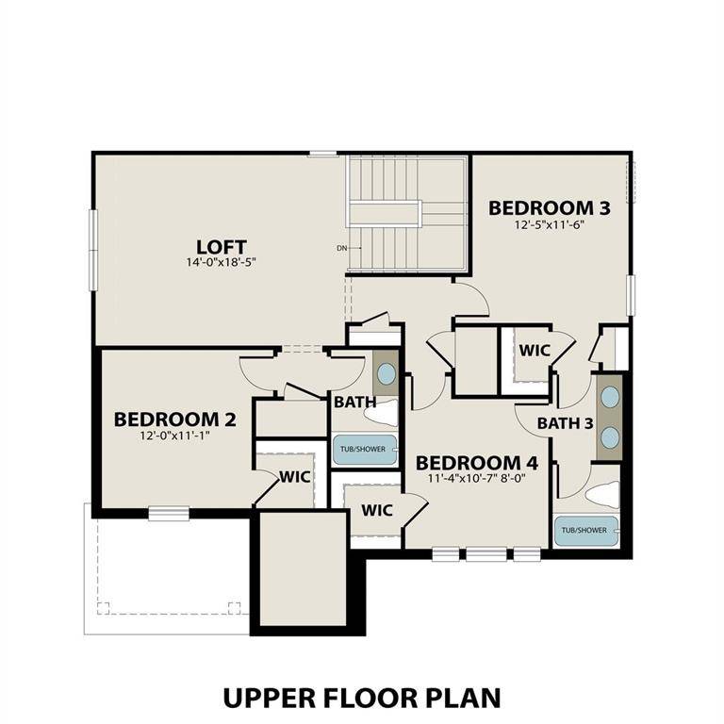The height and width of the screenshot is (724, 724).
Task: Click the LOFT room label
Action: pyautogui.click(x=222, y=247)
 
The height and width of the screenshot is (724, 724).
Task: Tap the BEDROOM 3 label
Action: pyautogui.click(x=542, y=207)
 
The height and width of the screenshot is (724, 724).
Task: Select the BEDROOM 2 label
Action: pyautogui.click(x=174, y=420)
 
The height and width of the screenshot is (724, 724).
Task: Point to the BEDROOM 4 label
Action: pyautogui.click(x=477, y=463)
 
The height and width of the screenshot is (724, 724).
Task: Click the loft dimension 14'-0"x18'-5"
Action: pyautogui.click(x=222, y=263)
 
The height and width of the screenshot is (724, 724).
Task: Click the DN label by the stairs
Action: pyautogui.click(x=341, y=249)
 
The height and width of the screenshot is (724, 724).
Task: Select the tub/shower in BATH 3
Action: pyautogui.click(x=585, y=531)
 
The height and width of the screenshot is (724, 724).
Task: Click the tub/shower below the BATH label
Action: pyautogui.click(x=363, y=450)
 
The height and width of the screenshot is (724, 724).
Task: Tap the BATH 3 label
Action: pyautogui.click(x=566, y=423)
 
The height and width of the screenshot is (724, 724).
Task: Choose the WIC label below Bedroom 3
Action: pyautogui.click(x=535, y=350)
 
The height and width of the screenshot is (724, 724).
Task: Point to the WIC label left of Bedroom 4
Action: pyautogui.click(x=377, y=510)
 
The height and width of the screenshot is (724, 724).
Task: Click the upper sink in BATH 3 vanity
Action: pyautogui.click(x=610, y=397)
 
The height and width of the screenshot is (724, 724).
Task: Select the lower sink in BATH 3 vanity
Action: pyautogui.click(x=610, y=436)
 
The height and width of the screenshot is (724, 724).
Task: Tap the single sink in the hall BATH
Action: pyautogui.click(x=387, y=373)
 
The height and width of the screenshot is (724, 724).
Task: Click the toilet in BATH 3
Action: pyautogui.click(x=601, y=494)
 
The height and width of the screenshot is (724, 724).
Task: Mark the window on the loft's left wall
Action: pyautogui.click(x=92, y=249)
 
